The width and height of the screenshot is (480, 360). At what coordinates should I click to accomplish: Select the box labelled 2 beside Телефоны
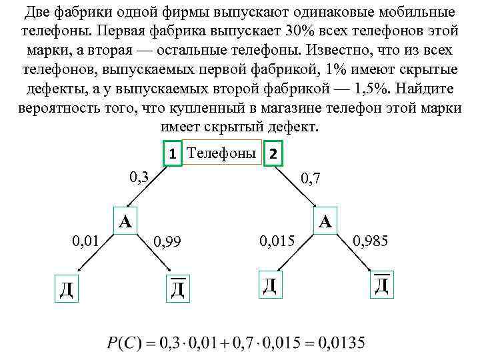click(274, 154)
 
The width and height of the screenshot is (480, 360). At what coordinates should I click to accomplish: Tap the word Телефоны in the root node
click(221, 153)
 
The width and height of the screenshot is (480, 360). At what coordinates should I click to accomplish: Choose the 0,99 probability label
click(167, 240)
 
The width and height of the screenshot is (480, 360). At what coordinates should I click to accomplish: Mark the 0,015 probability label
click(276, 239)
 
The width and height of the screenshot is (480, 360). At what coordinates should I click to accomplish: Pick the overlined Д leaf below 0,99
click(177, 287)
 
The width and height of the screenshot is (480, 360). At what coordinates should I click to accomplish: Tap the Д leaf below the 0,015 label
click(269, 285)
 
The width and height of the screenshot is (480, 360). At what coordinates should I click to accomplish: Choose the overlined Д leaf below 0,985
click(381, 285)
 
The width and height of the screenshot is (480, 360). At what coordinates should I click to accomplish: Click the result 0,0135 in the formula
click(341, 343)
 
